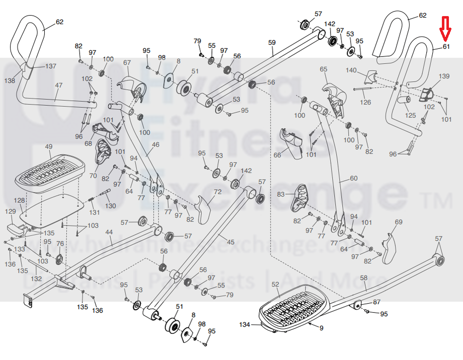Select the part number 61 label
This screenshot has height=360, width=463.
(446, 47)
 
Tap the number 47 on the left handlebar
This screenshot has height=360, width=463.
(59, 86)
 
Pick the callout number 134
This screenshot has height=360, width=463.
(245, 324)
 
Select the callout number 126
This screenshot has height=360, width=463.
(366, 102)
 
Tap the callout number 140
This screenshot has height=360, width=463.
(351, 70)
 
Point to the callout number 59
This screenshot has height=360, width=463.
(272, 43)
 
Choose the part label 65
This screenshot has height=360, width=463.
(324, 69)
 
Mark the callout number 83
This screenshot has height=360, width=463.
(281, 194)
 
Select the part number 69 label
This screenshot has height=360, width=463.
(399, 222)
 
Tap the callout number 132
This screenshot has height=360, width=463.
(36, 278)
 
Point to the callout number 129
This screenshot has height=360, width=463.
(10, 212)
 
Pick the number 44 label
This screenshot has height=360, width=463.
(109, 232)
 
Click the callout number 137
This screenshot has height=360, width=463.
(51, 66)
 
